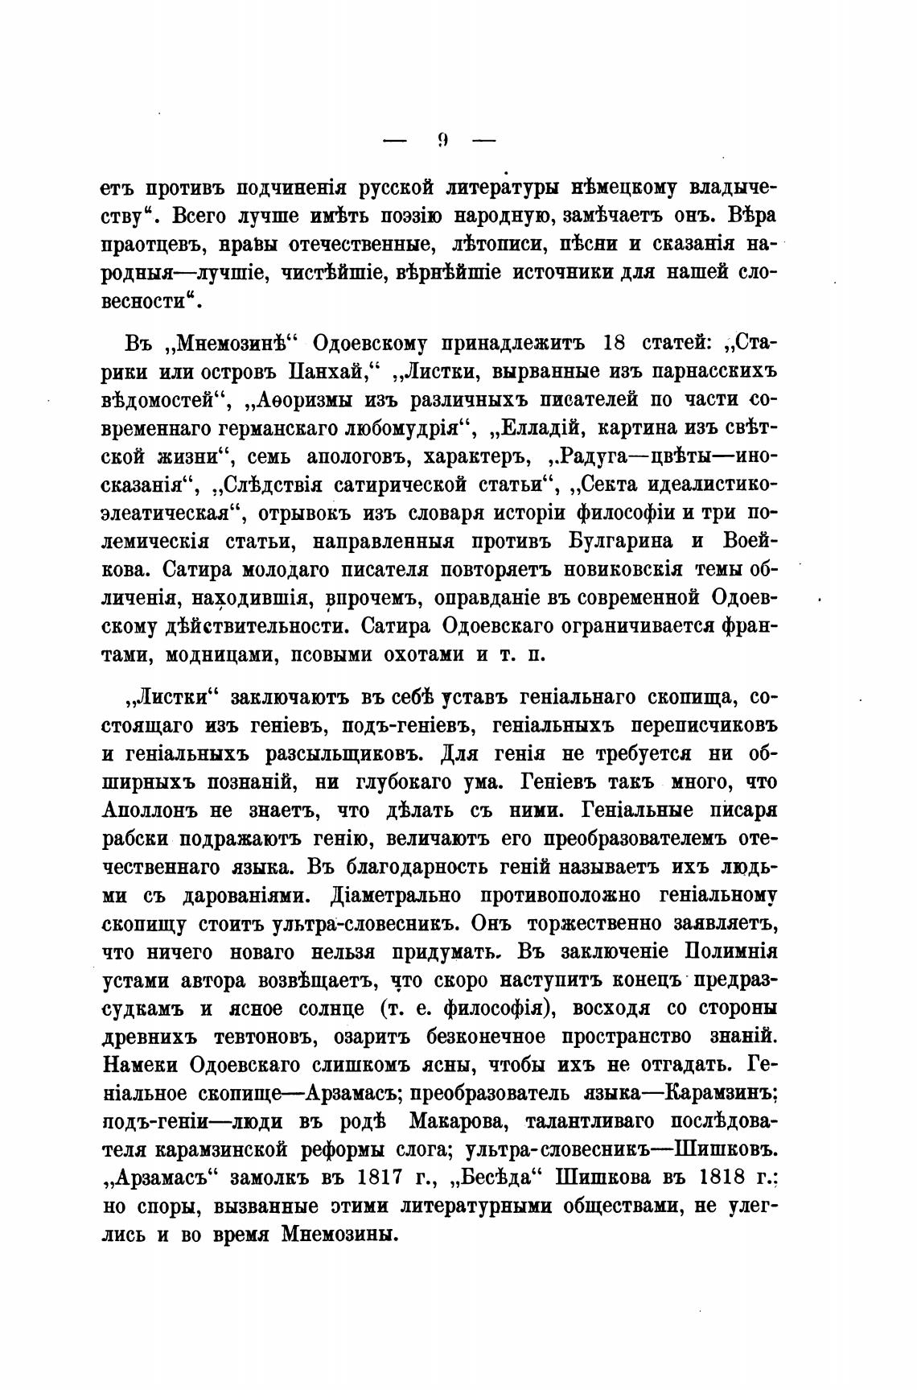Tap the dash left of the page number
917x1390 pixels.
397,142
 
